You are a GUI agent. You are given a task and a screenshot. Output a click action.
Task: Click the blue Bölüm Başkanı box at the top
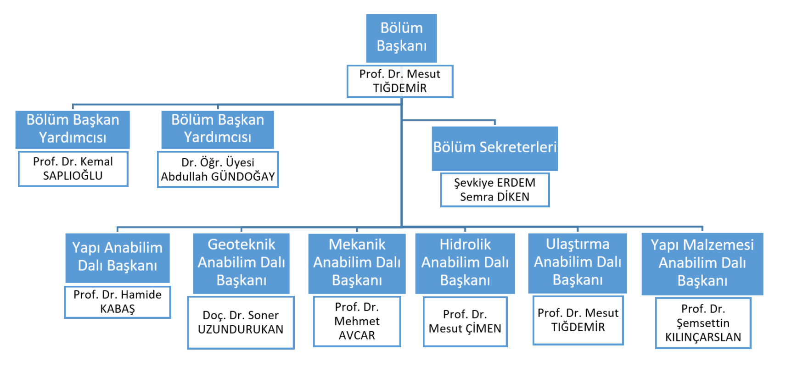(x=401, y=38)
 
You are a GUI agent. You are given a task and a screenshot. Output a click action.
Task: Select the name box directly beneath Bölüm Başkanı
(x=399, y=81)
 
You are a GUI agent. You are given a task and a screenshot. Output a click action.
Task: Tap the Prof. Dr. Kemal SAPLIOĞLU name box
(x=73, y=169)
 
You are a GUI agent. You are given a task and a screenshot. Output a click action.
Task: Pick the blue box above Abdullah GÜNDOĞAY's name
(x=218, y=129)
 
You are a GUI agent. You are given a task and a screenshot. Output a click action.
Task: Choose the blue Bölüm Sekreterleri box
(x=494, y=148)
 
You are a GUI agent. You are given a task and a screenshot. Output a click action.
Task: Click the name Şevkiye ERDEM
(x=494, y=183)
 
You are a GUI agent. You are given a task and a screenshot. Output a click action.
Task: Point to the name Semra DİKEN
(x=494, y=197)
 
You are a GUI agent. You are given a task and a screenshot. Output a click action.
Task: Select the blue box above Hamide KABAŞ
(x=118, y=257)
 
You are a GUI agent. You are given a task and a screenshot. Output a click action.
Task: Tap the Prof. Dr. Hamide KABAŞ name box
(x=118, y=302)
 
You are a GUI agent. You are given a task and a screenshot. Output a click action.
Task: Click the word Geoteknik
(x=241, y=245)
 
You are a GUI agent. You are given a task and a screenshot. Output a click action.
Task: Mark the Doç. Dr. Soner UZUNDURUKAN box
(x=241, y=323)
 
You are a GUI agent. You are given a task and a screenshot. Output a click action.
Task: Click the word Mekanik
(x=357, y=245)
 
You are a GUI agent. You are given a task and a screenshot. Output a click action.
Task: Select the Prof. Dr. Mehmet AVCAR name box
(x=357, y=321)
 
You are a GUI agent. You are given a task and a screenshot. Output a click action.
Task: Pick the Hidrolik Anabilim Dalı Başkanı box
(x=465, y=262)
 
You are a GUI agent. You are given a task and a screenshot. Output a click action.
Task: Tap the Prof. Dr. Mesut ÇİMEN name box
(x=465, y=322)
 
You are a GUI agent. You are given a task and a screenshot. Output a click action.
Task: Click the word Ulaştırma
(x=578, y=244)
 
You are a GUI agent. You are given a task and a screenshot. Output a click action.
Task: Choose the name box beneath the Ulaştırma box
(x=578, y=320)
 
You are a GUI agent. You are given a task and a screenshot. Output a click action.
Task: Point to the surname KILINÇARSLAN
(x=703, y=337)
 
